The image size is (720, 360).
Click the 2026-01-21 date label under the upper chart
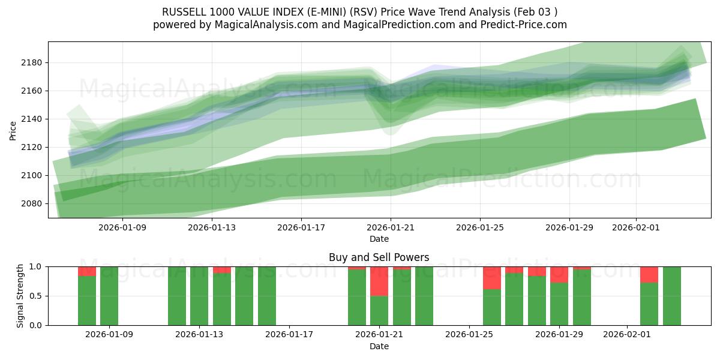pyautogui.click(x=391, y=227)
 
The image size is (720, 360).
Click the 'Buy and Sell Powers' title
pyautogui.click(x=379, y=257)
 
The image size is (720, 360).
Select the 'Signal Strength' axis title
pyautogui.click(x=20, y=295)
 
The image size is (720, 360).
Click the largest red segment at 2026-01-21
pyautogui.click(x=379, y=281)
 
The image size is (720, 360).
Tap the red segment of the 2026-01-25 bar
pyautogui.click(x=492, y=278)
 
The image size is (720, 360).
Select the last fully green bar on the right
pyautogui.click(x=671, y=296)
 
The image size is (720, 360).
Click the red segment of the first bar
pyautogui.click(x=87, y=271)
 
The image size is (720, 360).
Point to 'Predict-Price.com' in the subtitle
pyautogui.click(x=526, y=25)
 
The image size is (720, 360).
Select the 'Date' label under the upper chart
pyautogui.click(x=379, y=239)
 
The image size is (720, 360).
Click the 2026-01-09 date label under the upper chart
pyautogui.click(x=122, y=227)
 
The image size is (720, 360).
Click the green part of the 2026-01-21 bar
pyautogui.click(x=379, y=310)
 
